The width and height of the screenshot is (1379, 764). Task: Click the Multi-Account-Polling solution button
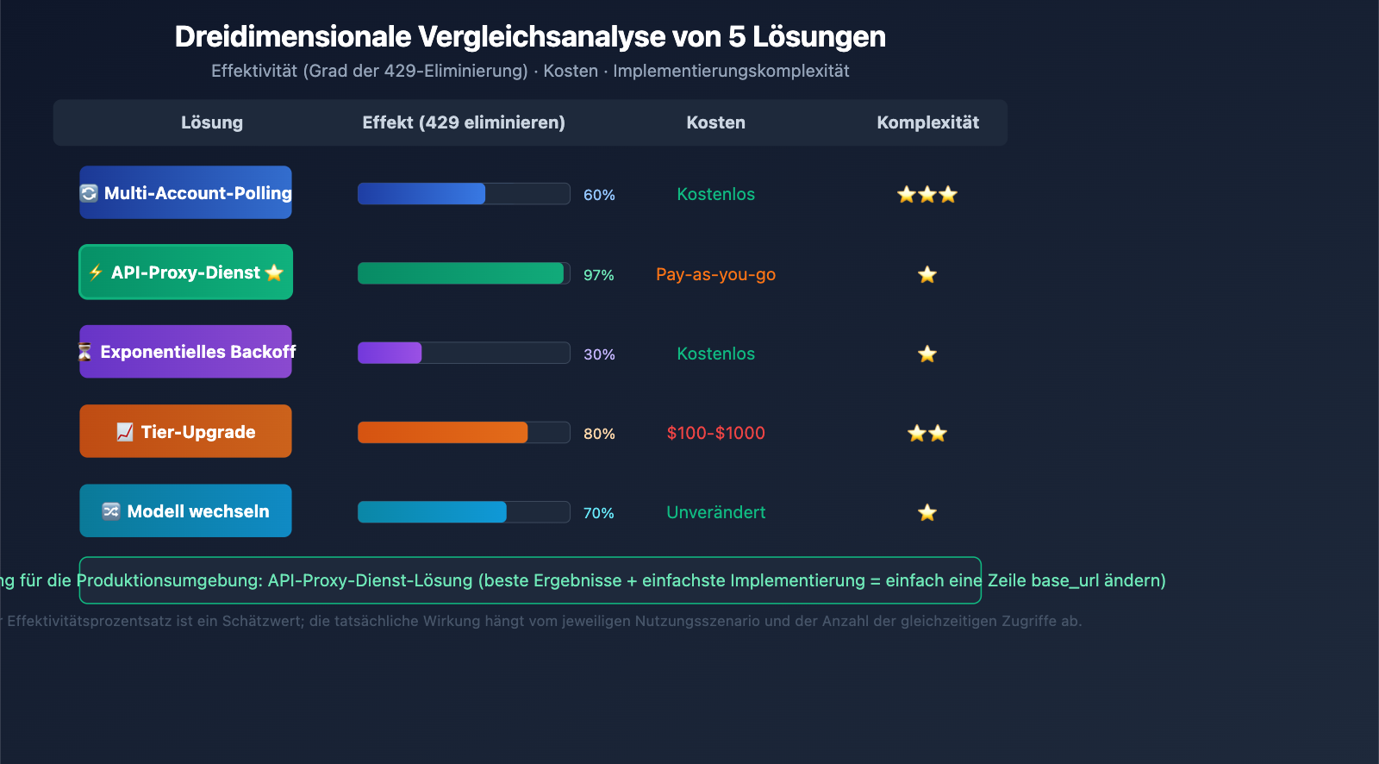185,192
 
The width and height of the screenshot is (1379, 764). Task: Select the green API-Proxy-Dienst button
185,272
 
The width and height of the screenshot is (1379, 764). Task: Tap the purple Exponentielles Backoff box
185,352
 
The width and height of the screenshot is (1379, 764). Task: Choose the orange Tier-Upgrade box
185,431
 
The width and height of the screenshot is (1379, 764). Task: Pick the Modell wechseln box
185,511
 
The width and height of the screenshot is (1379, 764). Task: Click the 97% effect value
598,275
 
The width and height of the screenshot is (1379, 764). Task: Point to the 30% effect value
599,354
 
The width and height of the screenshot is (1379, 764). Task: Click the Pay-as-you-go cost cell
715,274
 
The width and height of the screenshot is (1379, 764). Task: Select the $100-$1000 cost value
715,433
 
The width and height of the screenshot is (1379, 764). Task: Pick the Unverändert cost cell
715,512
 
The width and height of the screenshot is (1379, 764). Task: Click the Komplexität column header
927,122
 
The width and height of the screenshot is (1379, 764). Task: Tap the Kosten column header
715,122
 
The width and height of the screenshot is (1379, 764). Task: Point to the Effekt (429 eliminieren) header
463,122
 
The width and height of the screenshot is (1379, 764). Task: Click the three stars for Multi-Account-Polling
927,195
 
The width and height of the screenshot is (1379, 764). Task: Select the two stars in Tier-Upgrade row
927,434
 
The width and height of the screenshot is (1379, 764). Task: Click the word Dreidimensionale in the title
293,37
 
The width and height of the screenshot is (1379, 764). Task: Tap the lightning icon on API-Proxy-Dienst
96,272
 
